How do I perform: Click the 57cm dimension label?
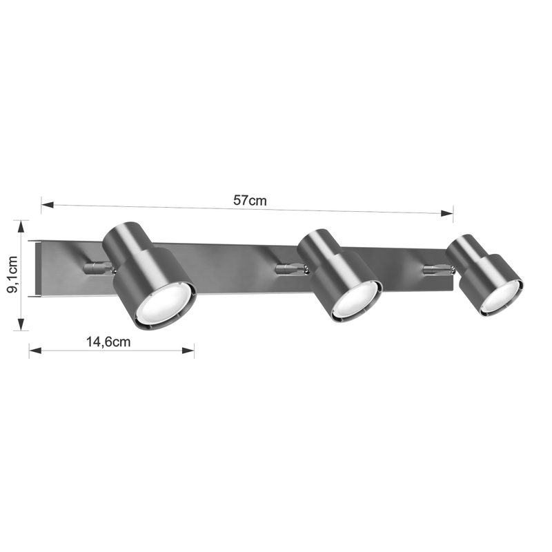(x=250, y=200)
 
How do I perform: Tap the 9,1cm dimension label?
(x=12, y=275)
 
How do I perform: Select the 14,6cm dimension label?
(x=108, y=342)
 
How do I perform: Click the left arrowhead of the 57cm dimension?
(x=48, y=204)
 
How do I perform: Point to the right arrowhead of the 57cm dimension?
(x=446, y=213)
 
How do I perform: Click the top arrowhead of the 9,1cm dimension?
(x=21, y=226)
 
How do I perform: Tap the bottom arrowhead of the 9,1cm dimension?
(x=21, y=324)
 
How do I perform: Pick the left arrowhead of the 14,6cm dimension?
(x=35, y=351)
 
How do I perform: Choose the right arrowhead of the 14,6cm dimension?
(x=188, y=351)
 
